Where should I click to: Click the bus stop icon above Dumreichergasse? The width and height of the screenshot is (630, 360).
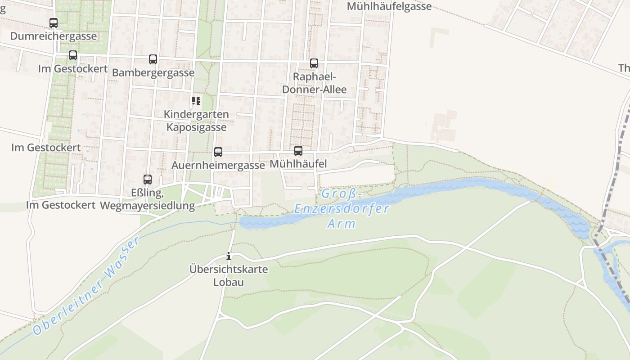[54, 22]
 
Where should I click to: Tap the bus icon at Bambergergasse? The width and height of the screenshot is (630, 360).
[153, 59]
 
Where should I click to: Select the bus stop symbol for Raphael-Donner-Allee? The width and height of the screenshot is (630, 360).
[314, 63]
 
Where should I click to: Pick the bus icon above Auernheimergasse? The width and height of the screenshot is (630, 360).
[218, 152]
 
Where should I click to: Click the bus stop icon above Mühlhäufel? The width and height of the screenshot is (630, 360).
[298, 151]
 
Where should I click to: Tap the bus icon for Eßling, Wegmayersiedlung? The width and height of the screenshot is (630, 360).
[148, 180]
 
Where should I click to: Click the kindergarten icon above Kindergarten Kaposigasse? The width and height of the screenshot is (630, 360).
[196, 101]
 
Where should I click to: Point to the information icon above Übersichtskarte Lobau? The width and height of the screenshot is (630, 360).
[229, 256]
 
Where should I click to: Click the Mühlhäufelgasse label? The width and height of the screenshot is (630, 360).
[389, 6]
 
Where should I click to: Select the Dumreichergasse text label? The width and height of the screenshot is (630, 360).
[54, 36]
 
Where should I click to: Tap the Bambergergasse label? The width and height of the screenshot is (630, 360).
[153, 72]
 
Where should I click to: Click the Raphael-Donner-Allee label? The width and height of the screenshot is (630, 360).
[314, 83]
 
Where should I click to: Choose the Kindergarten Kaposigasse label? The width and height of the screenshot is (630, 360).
[196, 121]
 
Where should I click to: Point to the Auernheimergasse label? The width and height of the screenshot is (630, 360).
[218, 165]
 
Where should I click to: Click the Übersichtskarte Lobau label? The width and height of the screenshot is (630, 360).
[229, 276]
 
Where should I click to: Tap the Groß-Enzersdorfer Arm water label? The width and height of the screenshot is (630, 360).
[342, 209]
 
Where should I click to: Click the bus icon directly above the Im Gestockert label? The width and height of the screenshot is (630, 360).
[73, 55]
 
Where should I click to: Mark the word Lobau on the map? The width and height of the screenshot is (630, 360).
[229, 283]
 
